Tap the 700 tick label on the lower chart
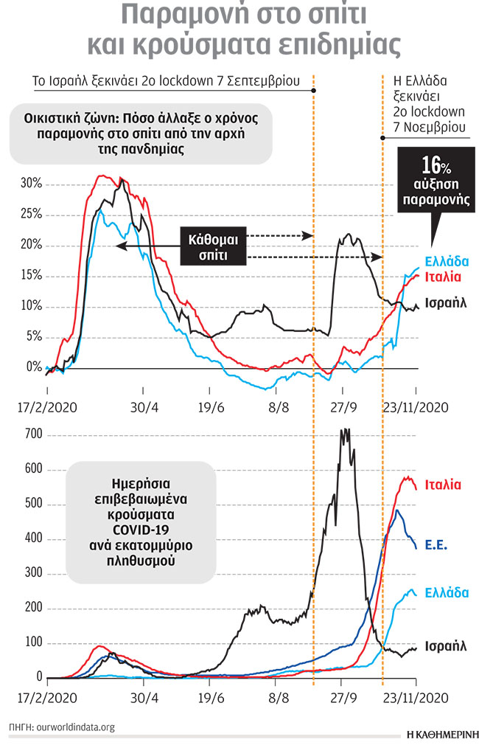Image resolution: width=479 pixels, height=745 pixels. (32, 435)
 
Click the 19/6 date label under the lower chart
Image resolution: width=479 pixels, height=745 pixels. (211, 696)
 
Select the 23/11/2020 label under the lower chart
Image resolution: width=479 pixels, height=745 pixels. (417, 696)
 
